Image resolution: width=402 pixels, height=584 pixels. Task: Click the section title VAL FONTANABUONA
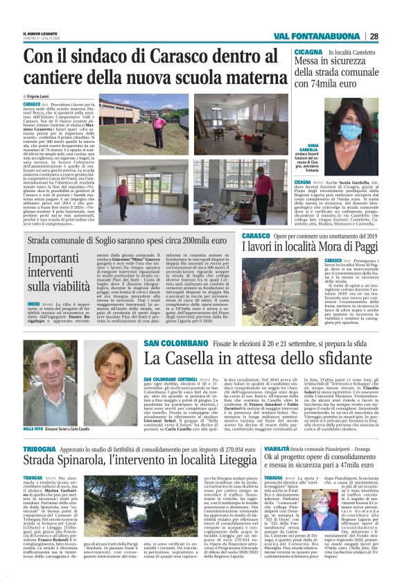[329, 37]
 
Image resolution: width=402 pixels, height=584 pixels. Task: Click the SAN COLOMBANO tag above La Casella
[169, 343]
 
